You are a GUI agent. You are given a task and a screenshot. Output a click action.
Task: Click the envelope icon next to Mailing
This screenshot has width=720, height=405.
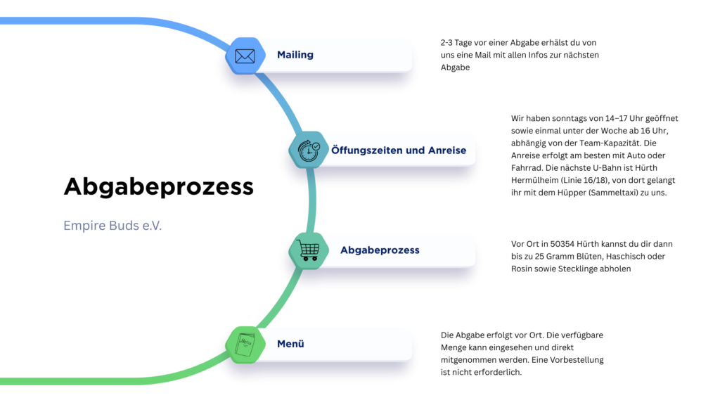(x=245, y=56)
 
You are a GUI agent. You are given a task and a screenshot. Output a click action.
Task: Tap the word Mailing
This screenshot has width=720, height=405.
(x=295, y=55)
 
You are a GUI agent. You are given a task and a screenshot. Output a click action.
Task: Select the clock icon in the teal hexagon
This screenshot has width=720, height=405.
(x=307, y=150)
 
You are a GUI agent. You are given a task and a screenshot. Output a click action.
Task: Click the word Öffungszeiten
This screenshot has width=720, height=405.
(x=368, y=150)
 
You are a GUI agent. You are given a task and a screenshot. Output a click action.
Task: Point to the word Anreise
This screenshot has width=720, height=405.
(x=447, y=150)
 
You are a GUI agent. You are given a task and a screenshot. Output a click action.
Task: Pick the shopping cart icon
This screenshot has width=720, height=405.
(x=308, y=250)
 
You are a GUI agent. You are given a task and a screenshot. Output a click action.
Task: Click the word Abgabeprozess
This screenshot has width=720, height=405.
(x=380, y=250)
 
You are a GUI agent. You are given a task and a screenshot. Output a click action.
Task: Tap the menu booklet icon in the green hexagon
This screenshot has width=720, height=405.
(x=245, y=345)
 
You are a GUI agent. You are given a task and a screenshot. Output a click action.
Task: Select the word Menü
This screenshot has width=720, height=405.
(x=290, y=345)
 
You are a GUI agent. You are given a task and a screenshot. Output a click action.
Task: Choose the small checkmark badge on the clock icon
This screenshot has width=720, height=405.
(x=316, y=146)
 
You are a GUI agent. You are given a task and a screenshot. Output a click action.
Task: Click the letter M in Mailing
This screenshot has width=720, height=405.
(x=281, y=55)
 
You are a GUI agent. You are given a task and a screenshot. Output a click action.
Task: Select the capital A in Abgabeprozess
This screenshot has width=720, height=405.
(x=344, y=250)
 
